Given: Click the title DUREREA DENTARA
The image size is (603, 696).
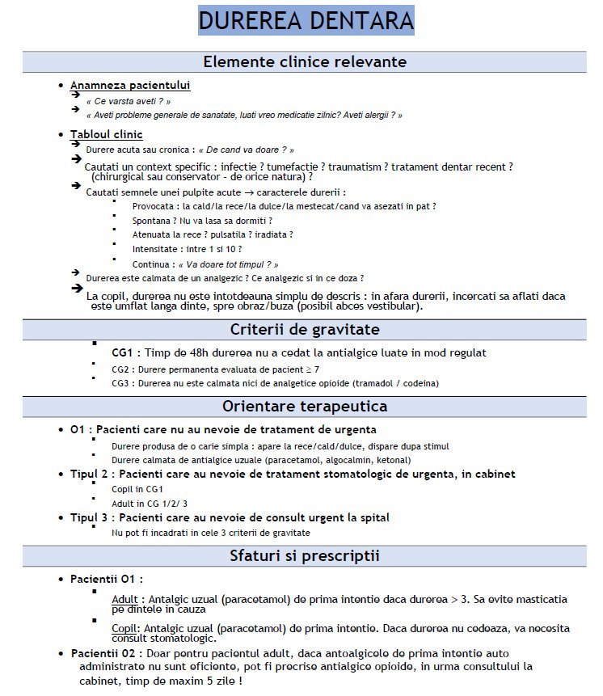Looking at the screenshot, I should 306,20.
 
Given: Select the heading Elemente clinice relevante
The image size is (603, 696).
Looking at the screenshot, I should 305,62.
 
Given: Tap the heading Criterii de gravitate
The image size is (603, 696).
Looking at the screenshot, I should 305,329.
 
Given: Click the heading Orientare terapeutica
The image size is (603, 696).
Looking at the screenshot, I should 305,406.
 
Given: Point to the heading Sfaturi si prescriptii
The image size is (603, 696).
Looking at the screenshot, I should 305,555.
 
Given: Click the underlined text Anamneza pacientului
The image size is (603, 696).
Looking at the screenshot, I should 130,85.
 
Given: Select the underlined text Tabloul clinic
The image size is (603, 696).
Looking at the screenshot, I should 106,134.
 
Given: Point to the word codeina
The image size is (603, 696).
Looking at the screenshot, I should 413,383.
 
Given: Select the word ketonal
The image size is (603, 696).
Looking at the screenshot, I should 366,459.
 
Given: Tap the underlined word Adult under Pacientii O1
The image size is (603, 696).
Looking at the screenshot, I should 125,599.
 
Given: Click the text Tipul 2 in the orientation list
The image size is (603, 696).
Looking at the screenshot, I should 90,474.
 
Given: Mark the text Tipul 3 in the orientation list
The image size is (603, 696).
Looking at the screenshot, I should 90,517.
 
